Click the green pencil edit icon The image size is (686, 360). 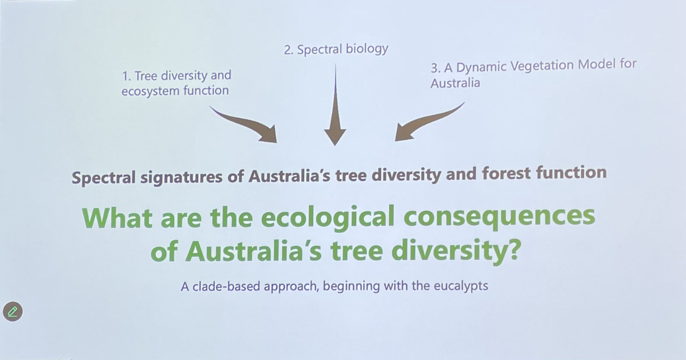tap(13, 312)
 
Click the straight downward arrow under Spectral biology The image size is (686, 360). tap(335, 105)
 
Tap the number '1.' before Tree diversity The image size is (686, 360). tap(127, 76)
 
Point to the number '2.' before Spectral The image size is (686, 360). tap(288, 50)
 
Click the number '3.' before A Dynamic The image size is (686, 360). tap(436, 68)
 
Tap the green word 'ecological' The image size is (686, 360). tap(328, 218)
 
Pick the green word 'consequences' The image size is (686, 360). tap(499, 217)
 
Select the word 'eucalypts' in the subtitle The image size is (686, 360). tap(461, 286)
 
